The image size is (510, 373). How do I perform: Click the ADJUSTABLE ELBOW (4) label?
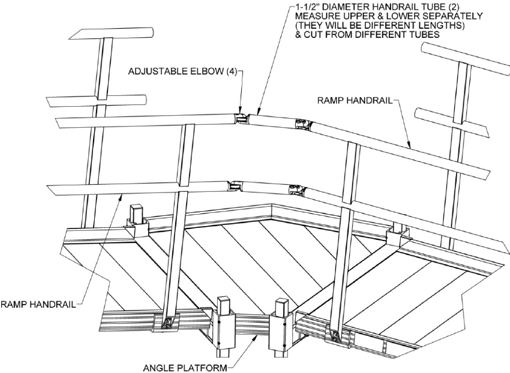[x=184, y=72]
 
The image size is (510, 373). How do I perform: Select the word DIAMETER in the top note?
[x=348, y=7]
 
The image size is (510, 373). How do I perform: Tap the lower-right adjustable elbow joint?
[x=297, y=191]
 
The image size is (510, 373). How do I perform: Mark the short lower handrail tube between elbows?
[x=266, y=189]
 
